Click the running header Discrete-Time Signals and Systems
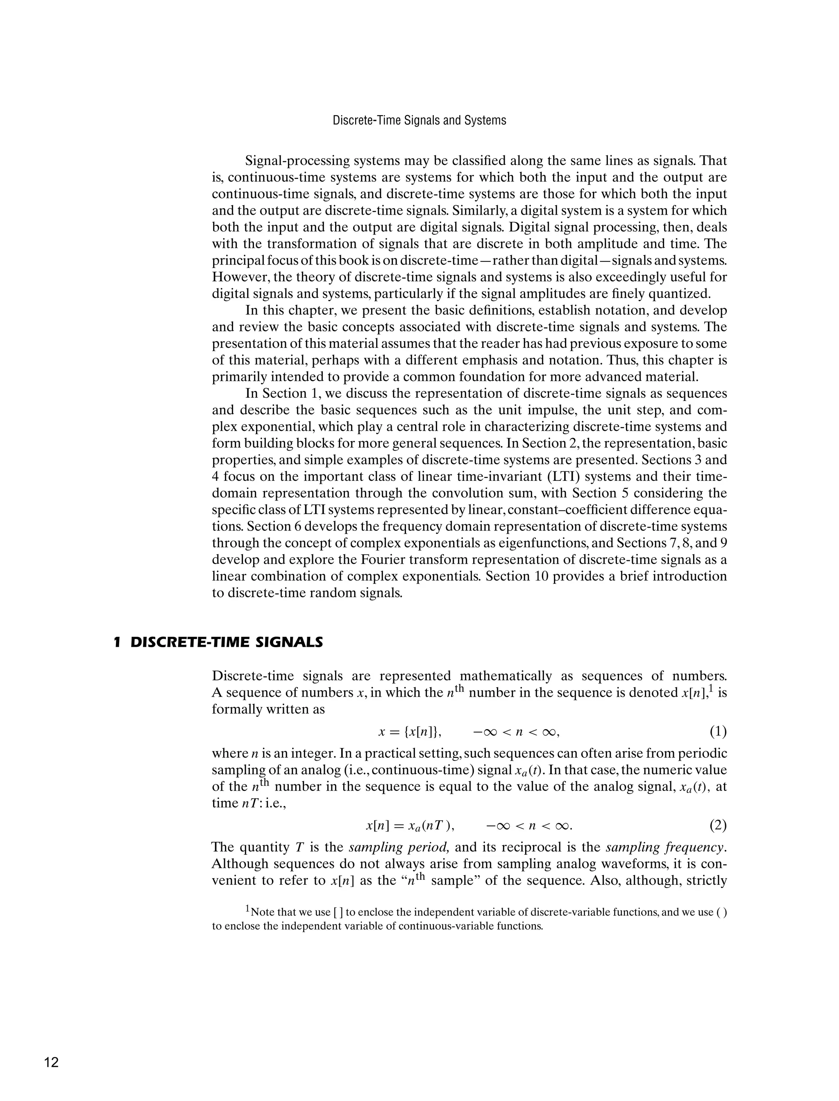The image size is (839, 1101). coord(419,120)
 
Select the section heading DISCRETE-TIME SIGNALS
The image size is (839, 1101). coord(226,642)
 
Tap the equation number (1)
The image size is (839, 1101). coord(718,732)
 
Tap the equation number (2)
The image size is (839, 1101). coord(718,826)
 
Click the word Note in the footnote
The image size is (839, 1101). coord(262,912)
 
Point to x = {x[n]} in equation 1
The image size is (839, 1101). coord(410,732)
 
